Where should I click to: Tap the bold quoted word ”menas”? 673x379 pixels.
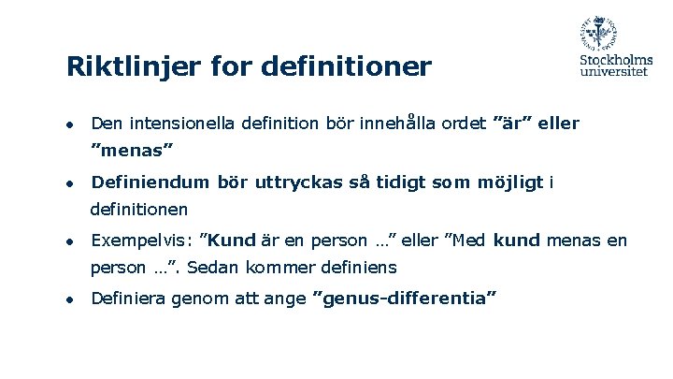(132, 149)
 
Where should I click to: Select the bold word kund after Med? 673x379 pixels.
(517, 241)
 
